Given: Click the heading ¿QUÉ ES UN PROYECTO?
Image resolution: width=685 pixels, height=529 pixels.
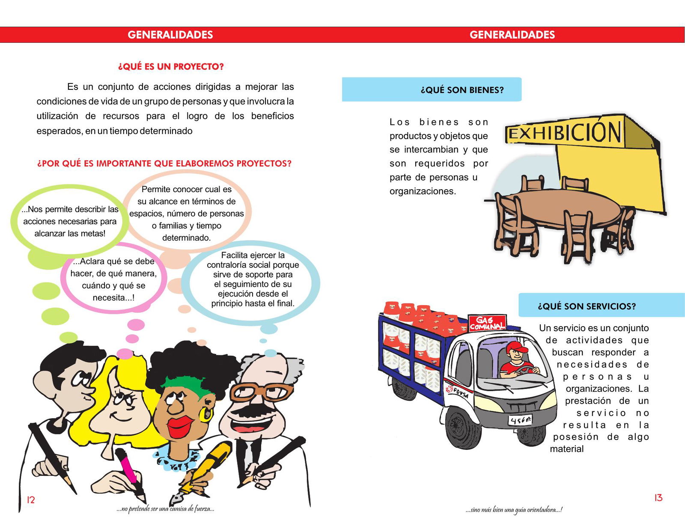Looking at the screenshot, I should (171, 67).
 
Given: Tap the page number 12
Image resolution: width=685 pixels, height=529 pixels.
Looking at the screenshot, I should (31, 500).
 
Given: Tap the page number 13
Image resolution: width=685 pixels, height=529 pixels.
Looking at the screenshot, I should (658, 498).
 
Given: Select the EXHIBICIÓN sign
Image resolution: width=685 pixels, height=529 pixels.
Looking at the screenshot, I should (564, 133).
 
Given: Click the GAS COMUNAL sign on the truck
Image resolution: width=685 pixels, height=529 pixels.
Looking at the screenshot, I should (487, 323).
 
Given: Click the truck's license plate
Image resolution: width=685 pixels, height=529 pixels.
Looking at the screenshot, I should (520, 421).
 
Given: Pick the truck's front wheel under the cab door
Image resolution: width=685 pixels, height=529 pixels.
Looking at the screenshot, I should (461, 428).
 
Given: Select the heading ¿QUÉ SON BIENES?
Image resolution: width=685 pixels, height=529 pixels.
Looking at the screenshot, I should (462, 90).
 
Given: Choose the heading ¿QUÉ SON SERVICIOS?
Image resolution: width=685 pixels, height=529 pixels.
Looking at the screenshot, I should (587, 306).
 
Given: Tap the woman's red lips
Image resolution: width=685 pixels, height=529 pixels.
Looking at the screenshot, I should (180, 424).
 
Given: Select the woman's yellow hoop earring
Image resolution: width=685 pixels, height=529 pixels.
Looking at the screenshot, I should (206, 414).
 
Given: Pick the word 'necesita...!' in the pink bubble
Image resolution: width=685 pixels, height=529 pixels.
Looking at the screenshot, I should (113, 297).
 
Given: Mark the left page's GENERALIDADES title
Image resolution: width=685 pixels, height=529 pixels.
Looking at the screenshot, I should (170, 35).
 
